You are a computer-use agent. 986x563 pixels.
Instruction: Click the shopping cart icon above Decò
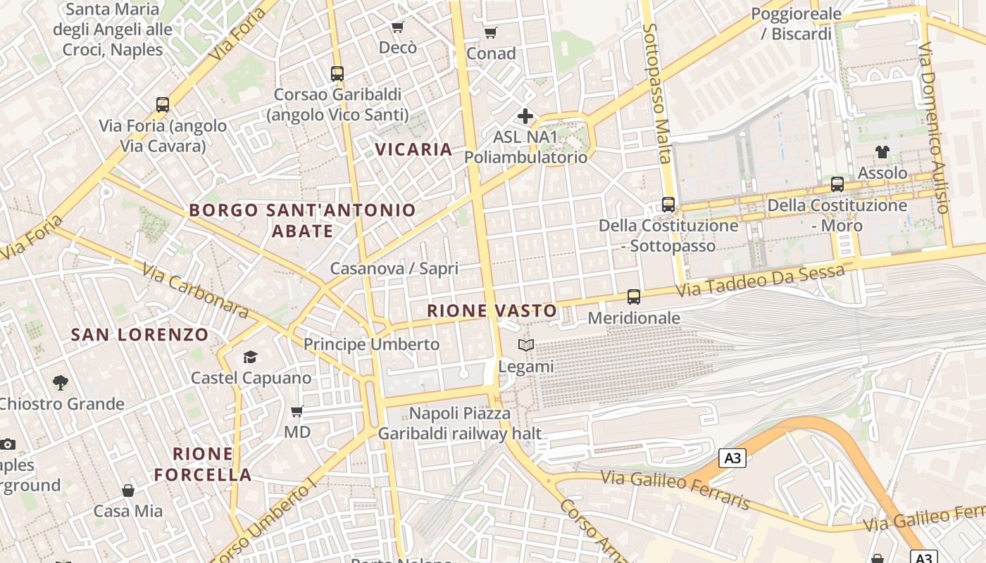pyautogui.click(x=398, y=27)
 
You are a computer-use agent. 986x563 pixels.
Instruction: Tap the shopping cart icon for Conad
pyautogui.click(x=491, y=32)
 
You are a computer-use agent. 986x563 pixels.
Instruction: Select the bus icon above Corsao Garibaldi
pyautogui.click(x=337, y=73)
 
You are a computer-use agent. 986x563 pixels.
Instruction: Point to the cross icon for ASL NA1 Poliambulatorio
pyautogui.click(x=525, y=116)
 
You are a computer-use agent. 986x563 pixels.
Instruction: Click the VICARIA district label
pyautogui.click(x=413, y=149)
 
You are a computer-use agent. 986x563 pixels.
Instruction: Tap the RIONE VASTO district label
pyautogui.click(x=492, y=310)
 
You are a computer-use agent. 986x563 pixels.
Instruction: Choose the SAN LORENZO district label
pyautogui.click(x=140, y=335)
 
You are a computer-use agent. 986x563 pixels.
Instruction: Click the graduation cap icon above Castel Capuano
pyautogui.click(x=250, y=358)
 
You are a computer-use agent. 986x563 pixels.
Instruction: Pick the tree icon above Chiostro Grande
pyautogui.click(x=61, y=383)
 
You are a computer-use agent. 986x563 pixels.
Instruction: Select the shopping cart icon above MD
pyautogui.click(x=297, y=411)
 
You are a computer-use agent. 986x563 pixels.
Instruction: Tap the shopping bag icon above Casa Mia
pyautogui.click(x=128, y=490)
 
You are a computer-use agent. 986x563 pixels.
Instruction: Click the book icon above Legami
pyautogui.click(x=526, y=345)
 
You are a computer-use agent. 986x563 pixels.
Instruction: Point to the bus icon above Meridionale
pyautogui.click(x=634, y=297)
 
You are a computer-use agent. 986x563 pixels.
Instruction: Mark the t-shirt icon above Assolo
pyautogui.click(x=882, y=151)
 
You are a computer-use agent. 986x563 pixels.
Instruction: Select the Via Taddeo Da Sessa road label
pyautogui.click(x=760, y=281)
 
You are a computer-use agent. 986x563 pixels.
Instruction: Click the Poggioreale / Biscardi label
pyautogui.click(x=796, y=24)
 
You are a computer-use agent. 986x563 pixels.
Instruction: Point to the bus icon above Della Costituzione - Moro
pyautogui.click(x=837, y=184)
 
